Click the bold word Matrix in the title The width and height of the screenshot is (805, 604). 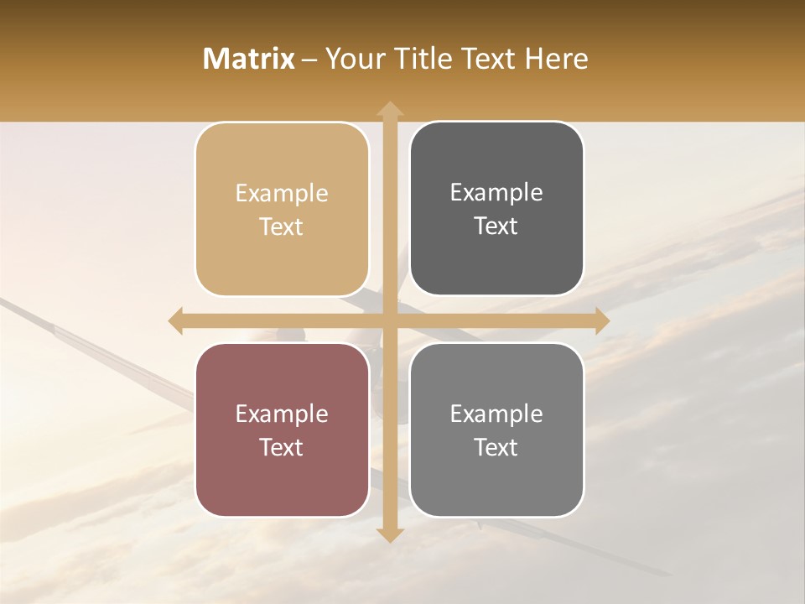[249, 59]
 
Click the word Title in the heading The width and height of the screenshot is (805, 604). [417, 59]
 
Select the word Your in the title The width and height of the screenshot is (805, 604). [351, 59]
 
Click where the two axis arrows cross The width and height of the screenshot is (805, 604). [389, 320]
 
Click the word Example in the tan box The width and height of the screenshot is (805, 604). [282, 194]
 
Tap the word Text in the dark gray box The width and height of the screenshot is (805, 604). [496, 226]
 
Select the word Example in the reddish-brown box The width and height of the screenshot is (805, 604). [282, 414]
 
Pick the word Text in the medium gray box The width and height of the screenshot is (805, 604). [496, 447]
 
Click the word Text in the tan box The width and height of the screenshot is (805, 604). [282, 227]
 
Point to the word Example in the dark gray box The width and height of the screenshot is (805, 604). [496, 193]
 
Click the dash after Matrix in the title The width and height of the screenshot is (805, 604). [309, 60]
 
